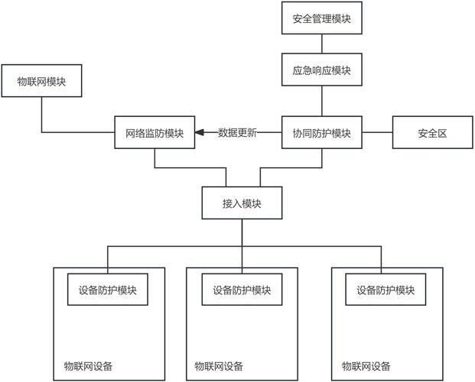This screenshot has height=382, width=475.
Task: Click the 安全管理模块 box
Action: click(x=321, y=18)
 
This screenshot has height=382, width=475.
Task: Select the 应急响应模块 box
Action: click(x=321, y=70)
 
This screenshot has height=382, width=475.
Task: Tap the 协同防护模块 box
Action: click(x=321, y=132)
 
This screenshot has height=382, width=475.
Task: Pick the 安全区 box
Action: click(x=431, y=132)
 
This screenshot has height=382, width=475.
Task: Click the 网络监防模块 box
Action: click(x=155, y=132)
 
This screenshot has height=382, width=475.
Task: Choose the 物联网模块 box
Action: click(x=41, y=83)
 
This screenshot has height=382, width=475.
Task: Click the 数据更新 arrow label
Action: click(x=237, y=132)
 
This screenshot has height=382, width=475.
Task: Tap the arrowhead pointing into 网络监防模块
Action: click(x=200, y=132)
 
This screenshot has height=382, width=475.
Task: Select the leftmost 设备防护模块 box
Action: click(x=107, y=290)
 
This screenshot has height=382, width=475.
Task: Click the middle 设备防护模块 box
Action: click(x=242, y=290)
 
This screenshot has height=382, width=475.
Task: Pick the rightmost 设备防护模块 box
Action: click(x=386, y=290)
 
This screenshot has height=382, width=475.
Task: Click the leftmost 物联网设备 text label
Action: click(x=88, y=366)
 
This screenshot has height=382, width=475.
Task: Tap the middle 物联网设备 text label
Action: click(x=220, y=366)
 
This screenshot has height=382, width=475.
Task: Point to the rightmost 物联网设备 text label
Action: click(x=366, y=366)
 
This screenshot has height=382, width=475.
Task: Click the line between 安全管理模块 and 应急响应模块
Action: click(x=321, y=44)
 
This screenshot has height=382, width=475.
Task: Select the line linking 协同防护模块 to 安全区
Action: click(x=376, y=132)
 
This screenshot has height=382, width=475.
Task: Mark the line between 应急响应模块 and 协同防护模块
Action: click(x=321, y=101)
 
